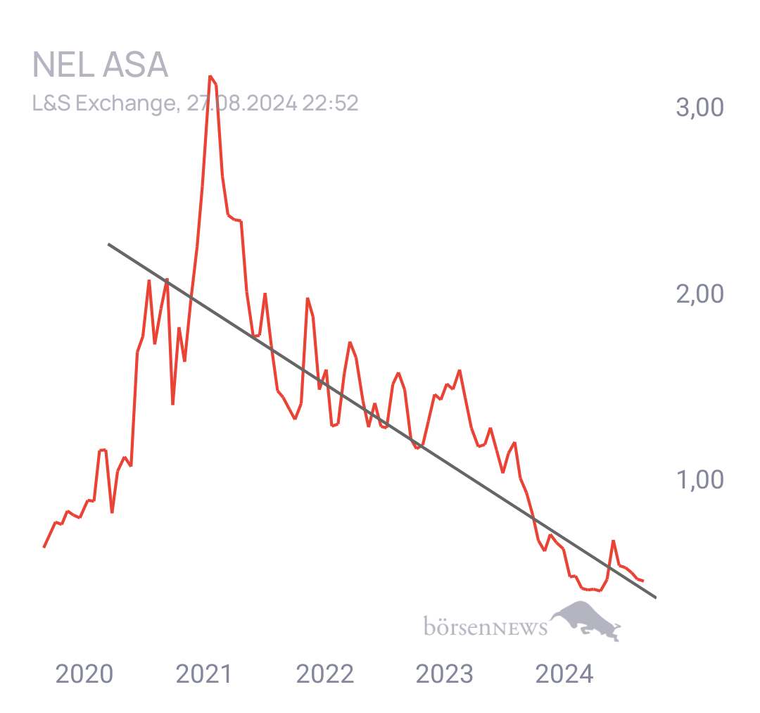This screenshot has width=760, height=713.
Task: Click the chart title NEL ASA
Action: (101, 65)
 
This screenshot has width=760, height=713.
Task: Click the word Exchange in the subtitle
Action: (127, 103)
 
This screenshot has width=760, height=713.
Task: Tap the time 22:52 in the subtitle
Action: (330, 103)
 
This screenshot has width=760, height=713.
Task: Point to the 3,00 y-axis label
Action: (700, 107)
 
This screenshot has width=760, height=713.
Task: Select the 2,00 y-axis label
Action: (700, 294)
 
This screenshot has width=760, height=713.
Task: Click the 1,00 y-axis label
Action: (700, 480)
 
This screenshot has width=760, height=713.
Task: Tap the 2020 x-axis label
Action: (84, 674)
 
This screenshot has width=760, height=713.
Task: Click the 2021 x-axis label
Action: (204, 674)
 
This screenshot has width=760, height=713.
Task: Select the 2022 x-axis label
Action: (324, 674)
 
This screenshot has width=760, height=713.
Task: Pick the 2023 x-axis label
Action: (445, 674)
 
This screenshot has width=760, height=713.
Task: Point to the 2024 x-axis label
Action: (564, 674)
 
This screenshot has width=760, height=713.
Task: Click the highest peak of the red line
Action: (210, 77)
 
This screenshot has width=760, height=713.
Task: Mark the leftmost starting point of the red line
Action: (44, 547)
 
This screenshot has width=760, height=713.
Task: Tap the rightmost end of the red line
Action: (643, 581)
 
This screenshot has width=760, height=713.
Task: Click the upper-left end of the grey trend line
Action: (108, 244)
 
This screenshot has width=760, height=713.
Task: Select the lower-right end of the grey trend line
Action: (656, 598)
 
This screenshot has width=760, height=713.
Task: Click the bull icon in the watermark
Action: (586, 620)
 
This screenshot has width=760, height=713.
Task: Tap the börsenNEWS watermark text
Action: (486, 626)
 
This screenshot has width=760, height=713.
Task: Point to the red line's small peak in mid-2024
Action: (614, 541)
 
